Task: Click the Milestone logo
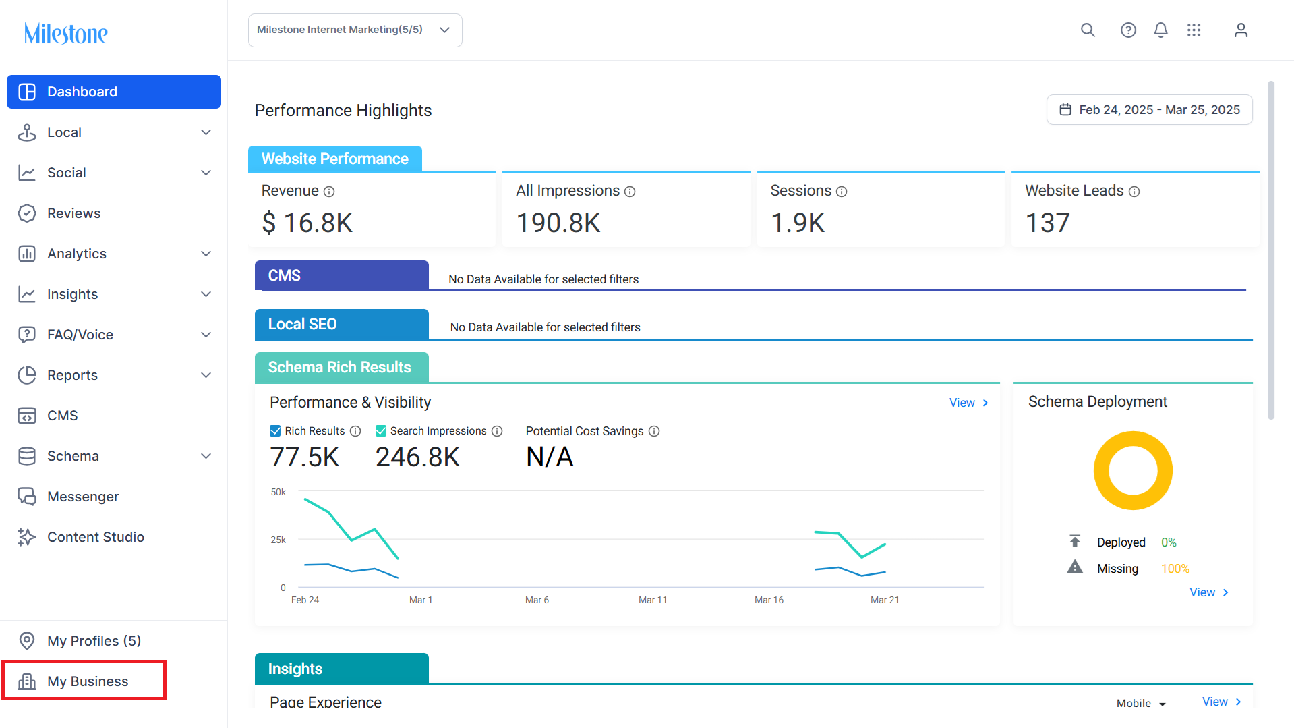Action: (65, 33)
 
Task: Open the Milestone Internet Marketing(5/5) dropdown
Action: (355, 30)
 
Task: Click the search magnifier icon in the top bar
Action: (1088, 30)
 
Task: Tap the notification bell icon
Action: (1160, 30)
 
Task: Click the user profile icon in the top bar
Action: (1241, 30)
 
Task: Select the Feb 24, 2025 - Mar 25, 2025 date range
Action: (1150, 110)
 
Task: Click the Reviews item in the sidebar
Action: (73, 213)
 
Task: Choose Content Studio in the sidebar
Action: (96, 537)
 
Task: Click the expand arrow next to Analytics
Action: (206, 254)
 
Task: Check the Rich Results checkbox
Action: (275, 431)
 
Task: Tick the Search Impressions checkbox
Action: (381, 431)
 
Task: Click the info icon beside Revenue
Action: (329, 192)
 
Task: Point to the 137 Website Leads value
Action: (1047, 223)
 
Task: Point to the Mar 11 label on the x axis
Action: (653, 600)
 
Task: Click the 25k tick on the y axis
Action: (278, 540)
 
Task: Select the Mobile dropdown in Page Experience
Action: (1141, 703)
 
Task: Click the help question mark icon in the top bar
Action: (1128, 30)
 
